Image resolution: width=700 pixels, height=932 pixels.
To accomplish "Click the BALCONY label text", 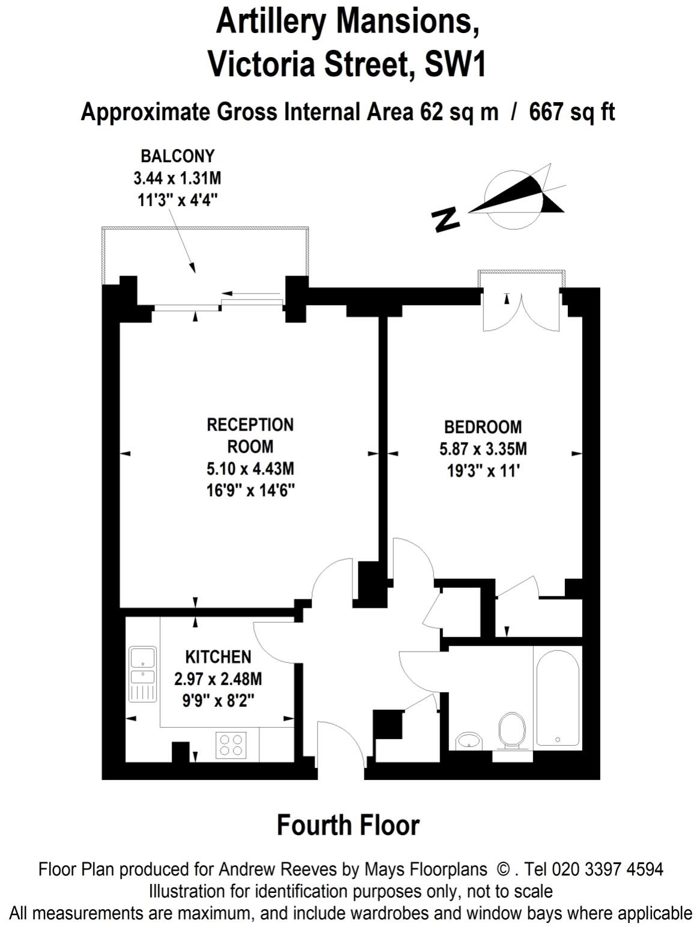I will point(177,156).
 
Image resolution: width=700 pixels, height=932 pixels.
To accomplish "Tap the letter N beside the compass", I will point(445,220).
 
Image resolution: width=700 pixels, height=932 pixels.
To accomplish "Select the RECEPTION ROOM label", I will point(250,435).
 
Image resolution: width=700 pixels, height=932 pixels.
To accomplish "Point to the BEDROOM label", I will point(483,427).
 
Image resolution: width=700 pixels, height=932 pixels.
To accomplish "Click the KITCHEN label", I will point(218,656).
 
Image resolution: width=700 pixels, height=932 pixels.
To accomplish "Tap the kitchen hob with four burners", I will point(232,745).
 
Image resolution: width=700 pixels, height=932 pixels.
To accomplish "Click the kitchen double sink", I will point(143,674).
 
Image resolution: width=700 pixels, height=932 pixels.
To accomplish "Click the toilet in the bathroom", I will point(512,730).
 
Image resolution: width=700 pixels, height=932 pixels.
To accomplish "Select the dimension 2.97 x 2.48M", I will point(218,679).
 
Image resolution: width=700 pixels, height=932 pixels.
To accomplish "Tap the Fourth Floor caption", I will point(348,825).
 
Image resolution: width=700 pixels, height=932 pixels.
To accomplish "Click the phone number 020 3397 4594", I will point(608,869).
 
